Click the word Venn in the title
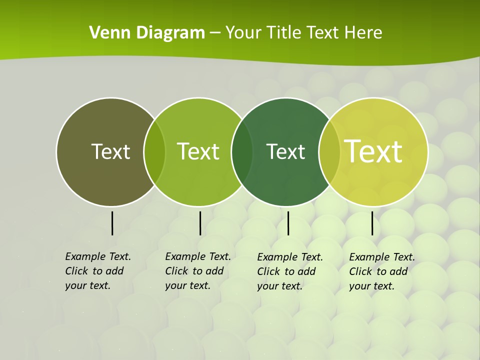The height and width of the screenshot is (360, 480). (104, 33)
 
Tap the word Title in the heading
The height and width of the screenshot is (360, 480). (286, 33)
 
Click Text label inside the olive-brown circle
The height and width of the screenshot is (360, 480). (110, 151)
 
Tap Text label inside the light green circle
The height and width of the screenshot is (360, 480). (198, 151)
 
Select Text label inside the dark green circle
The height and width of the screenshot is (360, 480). (285, 151)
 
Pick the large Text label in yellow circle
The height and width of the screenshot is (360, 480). (373, 151)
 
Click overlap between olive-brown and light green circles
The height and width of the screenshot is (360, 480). (154, 152)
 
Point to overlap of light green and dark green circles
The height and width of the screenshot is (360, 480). (242, 152)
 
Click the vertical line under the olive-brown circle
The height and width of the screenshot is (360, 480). (112, 223)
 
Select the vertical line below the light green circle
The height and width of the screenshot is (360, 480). (200, 223)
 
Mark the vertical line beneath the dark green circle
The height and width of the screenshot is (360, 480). (288, 223)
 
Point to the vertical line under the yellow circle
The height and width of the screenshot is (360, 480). (372, 223)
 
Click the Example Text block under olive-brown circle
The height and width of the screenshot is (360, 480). (97, 271)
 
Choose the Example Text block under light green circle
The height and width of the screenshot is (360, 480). (197, 271)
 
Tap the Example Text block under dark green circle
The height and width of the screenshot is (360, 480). (289, 271)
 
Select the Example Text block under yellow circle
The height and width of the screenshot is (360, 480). (381, 271)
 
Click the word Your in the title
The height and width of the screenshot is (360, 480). (243, 33)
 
